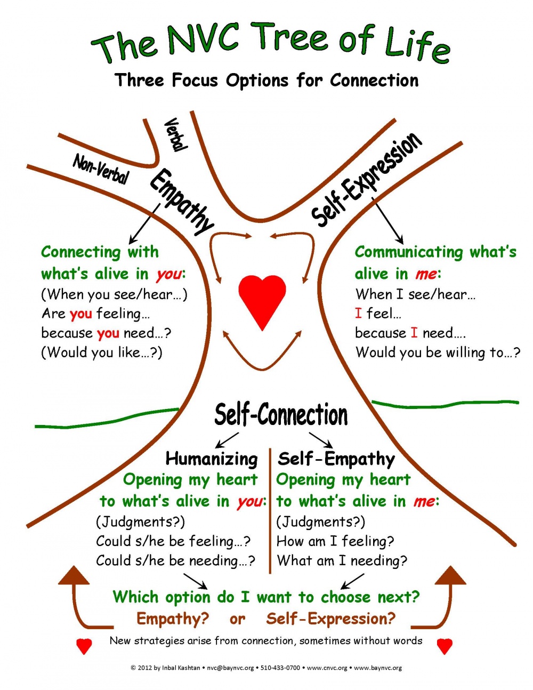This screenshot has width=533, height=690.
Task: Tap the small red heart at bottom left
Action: [84, 646]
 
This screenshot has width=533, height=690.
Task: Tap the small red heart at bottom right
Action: [445, 646]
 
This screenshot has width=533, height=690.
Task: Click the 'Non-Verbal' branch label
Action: [101, 169]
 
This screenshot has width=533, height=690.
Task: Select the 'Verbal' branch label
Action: [175, 134]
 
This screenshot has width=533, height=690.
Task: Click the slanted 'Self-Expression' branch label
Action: [367, 179]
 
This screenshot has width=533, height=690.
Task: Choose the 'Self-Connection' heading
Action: [281, 415]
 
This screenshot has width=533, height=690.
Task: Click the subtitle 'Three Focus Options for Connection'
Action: [267, 80]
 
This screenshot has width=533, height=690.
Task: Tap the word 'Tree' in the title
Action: [291, 39]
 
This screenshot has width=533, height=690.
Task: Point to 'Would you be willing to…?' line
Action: [438, 352]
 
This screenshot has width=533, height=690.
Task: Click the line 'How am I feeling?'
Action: [335, 541]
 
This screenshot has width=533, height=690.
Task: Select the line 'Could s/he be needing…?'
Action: [175, 561]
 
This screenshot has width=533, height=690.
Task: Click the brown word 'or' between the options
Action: [237, 619]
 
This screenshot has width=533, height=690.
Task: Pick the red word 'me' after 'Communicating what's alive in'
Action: [426, 274]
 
